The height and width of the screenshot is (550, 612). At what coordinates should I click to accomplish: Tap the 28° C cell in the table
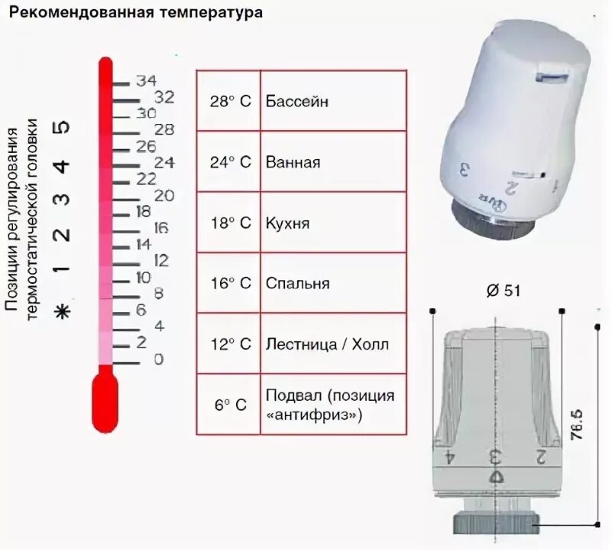[229, 101]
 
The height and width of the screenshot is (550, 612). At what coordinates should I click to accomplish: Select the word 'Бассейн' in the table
[297, 101]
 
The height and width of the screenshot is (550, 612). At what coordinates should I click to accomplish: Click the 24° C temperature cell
[229, 162]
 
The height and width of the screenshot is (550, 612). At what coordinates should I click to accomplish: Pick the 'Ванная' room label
[293, 162]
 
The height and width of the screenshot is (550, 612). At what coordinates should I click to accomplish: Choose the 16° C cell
[229, 283]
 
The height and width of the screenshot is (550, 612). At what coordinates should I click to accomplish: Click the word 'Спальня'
[297, 283]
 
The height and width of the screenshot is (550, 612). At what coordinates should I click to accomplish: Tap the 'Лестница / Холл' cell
[327, 344]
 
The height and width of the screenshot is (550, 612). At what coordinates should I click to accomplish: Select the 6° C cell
[229, 405]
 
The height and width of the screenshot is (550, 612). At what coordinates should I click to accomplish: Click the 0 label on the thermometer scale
[159, 359]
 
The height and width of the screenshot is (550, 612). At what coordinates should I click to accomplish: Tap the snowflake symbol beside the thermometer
[64, 311]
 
